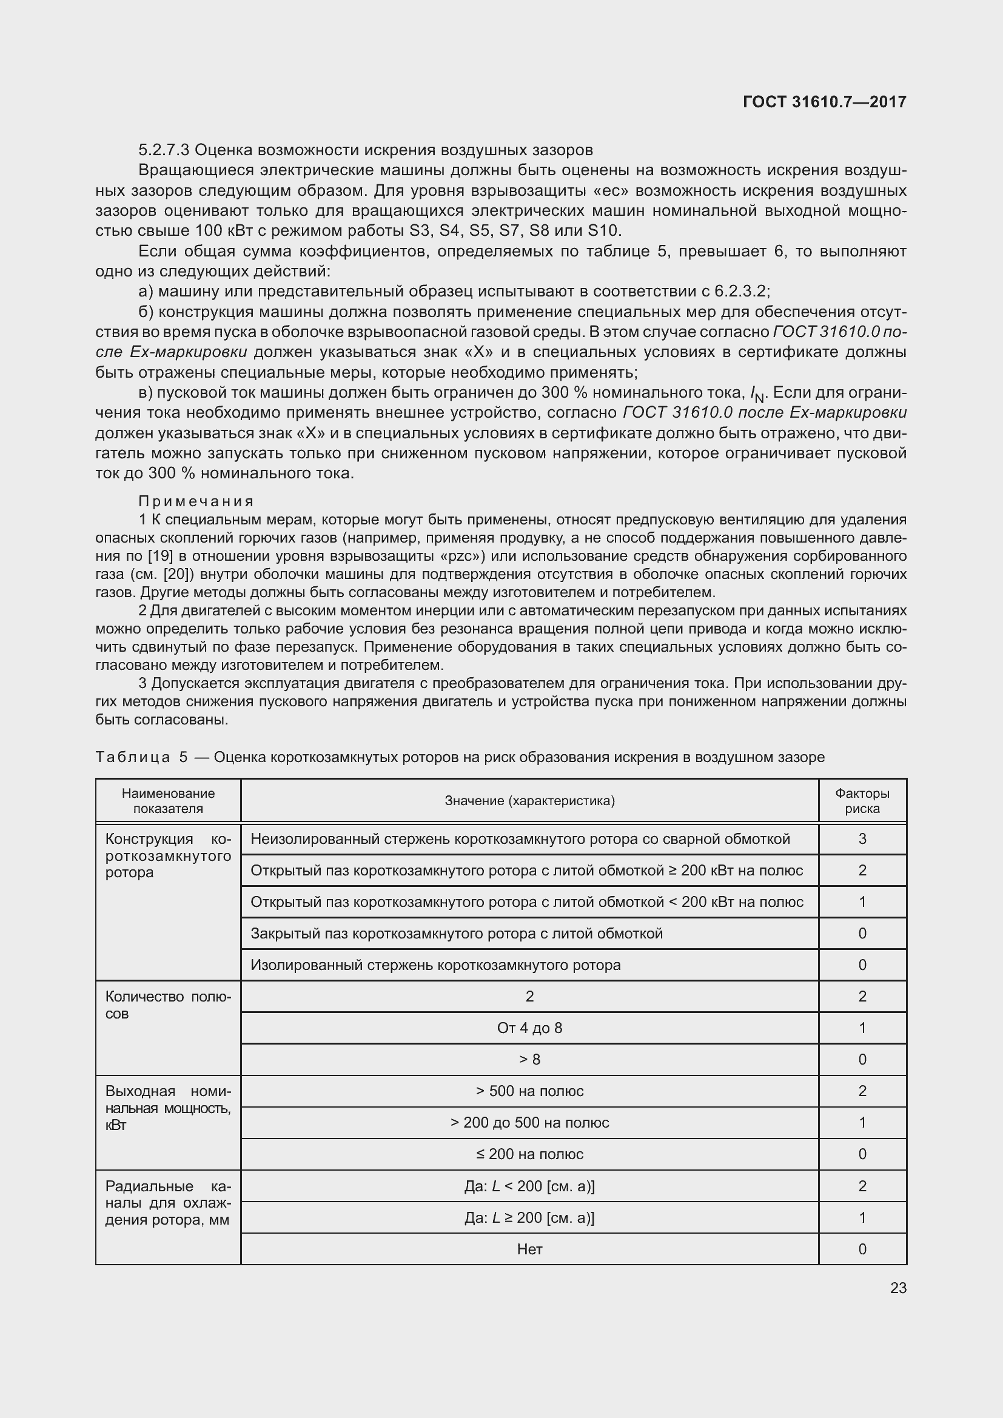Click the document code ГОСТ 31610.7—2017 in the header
click(825, 102)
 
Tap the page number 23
click(898, 1288)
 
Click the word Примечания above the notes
click(196, 501)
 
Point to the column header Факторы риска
click(862, 801)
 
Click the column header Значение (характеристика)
click(529, 801)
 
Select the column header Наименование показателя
click(168, 801)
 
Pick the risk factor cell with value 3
click(862, 838)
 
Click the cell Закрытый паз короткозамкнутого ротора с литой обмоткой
click(457, 933)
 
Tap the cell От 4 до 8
click(529, 1028)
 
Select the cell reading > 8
click(529, 1059)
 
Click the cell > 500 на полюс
click(529, 1091)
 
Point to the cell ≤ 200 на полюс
click(529, 1154)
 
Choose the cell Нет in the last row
click(529, 1249)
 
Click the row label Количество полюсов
click(168, 1005)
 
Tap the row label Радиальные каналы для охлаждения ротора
click(168, 1202)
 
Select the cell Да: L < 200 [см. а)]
click(529, 1186)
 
